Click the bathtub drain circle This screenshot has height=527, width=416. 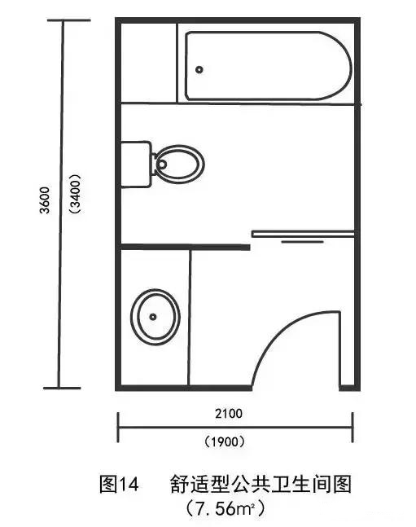pos(199,70)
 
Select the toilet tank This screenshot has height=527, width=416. pos(136,165)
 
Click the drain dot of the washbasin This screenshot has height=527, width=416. pos(153,317)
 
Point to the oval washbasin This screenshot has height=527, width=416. pos(155,317)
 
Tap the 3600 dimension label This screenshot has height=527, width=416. pos(45,200)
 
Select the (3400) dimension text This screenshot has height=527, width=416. pos(75,194)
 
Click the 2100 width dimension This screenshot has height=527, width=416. pos(229,413)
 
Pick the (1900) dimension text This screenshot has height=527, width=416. pos(225,441)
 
